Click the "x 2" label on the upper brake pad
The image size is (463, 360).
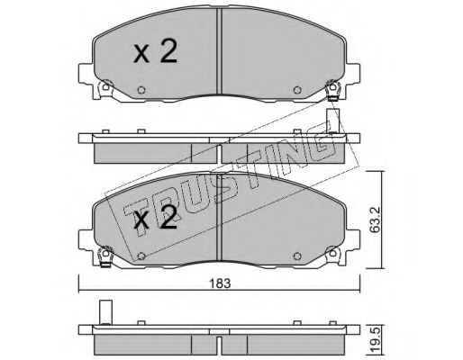(155, 52)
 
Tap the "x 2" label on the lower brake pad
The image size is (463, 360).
(155, 217)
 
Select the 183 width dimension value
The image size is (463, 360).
(220, 283)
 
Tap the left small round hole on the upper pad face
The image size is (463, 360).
(141, 90)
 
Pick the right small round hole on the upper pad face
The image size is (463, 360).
(297, 90)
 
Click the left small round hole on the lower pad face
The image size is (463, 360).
(141, 256)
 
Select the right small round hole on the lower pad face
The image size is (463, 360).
(297, 256)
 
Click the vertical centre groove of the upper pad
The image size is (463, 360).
(219, 51)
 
